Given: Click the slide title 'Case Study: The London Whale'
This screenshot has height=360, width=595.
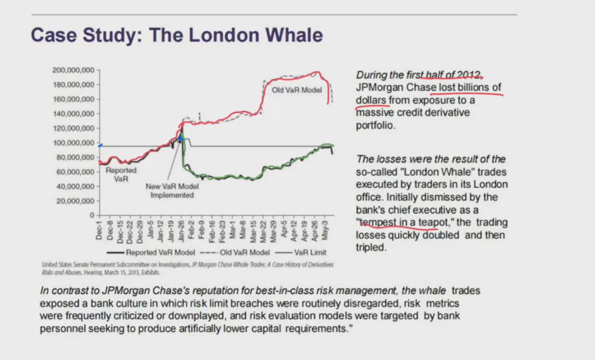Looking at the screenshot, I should tap(176, 35).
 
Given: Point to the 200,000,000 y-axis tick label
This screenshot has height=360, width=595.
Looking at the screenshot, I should tap(74, 69).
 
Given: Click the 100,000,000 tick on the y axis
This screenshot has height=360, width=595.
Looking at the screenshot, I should tap(74, 143).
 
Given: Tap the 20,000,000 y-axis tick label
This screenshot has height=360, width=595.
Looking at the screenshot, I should tap(76, 201).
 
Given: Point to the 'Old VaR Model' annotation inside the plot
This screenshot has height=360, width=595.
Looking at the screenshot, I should tap(297, 91).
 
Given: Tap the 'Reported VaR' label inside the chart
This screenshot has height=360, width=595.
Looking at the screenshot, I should tap(121, 174).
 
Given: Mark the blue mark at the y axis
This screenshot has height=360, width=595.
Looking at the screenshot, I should tap(100, 145).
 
